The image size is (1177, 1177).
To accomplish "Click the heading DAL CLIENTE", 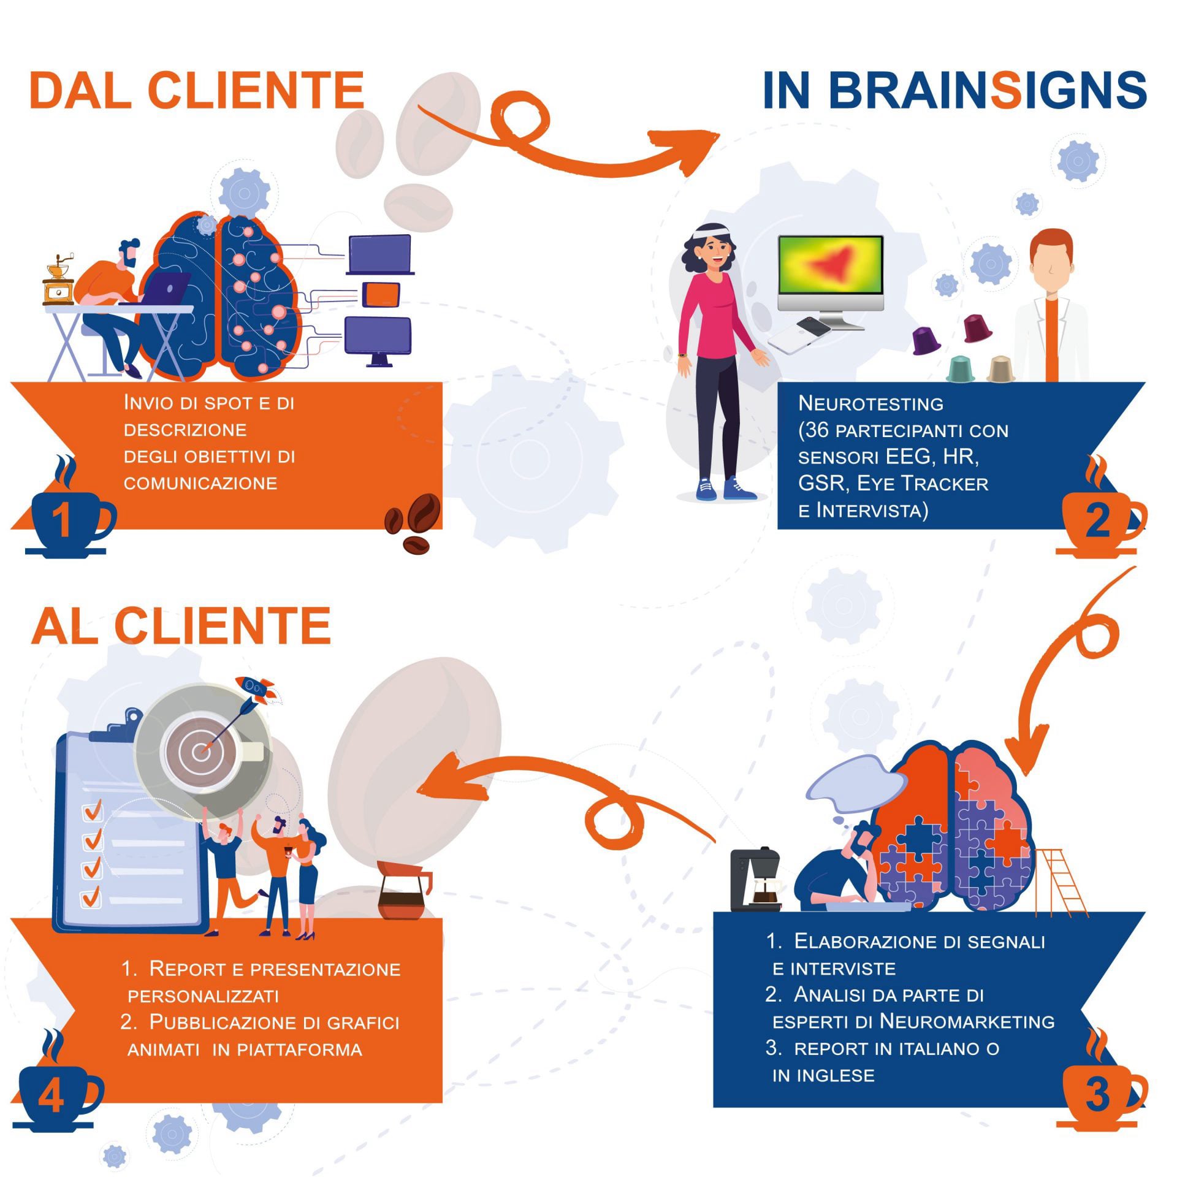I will (x=197, y=90).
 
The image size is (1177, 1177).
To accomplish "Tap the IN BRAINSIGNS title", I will (x=954, y=90).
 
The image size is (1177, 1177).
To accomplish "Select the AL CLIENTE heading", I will (x=181, y=626).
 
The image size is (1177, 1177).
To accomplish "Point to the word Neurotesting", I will (x=870, y=403).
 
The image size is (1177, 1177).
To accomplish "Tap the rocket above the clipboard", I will (x=256, y=691).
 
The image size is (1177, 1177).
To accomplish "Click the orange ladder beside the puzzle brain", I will (x=1061, y=883).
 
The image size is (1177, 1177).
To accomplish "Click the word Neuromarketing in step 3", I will (x=967, y=1021).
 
